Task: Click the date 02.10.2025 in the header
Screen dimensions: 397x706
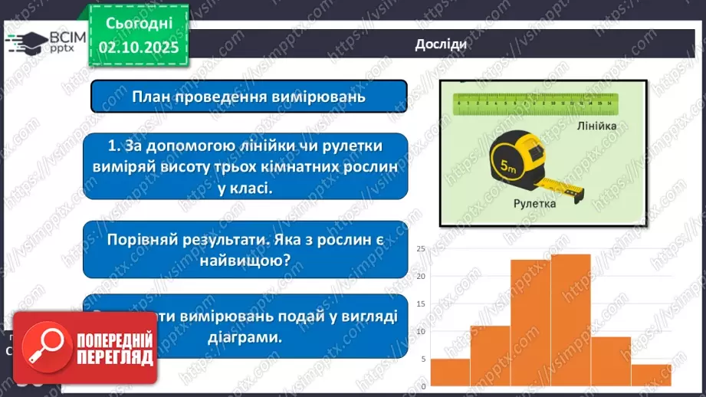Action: (139, 48)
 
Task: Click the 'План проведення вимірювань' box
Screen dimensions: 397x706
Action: (248, 97)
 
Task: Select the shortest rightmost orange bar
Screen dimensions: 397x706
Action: (652, 375)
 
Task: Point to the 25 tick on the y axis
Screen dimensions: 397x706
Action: (421, 249)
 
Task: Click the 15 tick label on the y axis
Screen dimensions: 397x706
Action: (421, 303)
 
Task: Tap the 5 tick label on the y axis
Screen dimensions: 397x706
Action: (422, 359)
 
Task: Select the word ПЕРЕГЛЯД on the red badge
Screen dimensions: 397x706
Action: (114, 356)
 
